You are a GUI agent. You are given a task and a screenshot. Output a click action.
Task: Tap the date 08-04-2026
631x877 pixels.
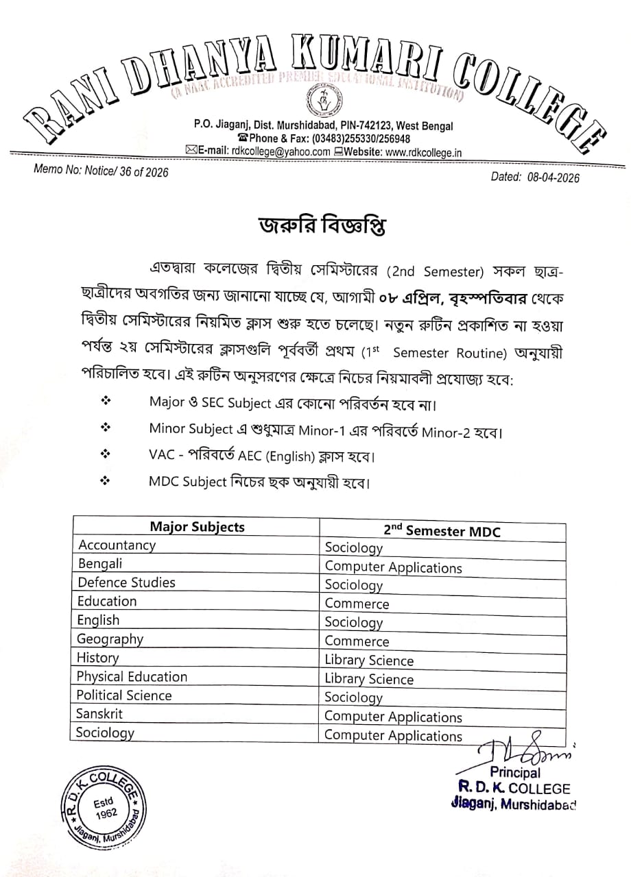point(545,178)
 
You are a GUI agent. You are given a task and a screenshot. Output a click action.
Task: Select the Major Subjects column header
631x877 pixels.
point(197,527)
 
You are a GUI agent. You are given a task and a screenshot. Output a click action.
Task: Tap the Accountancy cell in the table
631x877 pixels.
point(117,545)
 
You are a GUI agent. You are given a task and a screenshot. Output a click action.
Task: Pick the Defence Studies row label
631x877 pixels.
point(126,582)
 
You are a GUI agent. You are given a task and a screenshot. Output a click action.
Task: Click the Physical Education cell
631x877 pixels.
point(132,676)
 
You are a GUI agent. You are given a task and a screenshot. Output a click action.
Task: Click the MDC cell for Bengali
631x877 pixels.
point(393,567)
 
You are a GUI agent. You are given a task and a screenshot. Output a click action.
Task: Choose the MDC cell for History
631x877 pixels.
point(369,660)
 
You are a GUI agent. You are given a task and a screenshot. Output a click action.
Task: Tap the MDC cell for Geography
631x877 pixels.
point(357,642)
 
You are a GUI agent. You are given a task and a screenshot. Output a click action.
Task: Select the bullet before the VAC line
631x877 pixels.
point(105,454)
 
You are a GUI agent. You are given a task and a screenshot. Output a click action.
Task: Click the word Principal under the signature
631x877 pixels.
point(514,773)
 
